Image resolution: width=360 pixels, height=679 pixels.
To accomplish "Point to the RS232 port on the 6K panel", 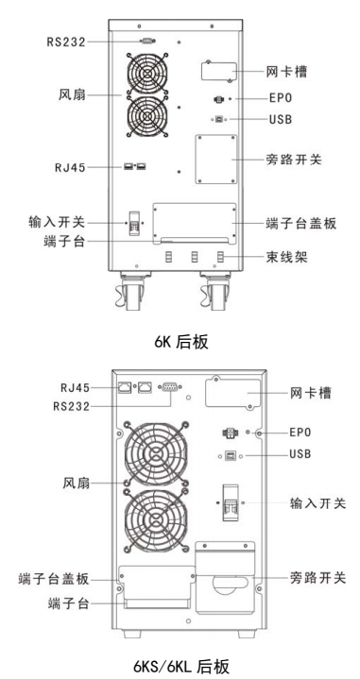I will pyautogui.click(x=146, y=42).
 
